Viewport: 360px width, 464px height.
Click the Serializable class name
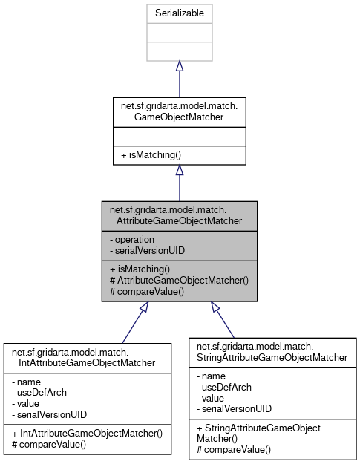pos(179,13)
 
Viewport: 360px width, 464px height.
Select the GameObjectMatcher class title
pos(179,111)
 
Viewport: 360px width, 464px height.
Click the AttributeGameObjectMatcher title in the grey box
pos(180,215)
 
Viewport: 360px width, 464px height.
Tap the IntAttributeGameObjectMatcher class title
pos(87,356)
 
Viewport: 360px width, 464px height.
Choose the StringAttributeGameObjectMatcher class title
pos(272,351)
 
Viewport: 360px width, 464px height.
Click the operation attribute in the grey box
pos(133,240)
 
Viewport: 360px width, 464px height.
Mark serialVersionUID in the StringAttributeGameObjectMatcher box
pos(234,409)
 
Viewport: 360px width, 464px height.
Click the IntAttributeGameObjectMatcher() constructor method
pos(87,433)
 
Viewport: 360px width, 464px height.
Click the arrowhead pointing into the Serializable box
pos(179,66)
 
